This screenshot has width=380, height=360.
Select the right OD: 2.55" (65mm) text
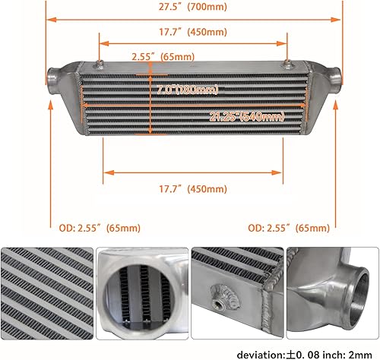point(290,227)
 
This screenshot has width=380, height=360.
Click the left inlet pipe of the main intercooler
point(56,77)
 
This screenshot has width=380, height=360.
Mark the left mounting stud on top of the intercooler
point(100,61)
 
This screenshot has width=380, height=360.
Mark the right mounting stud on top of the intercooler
point(287,61)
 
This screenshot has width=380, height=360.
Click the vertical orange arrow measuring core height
point(152,99)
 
